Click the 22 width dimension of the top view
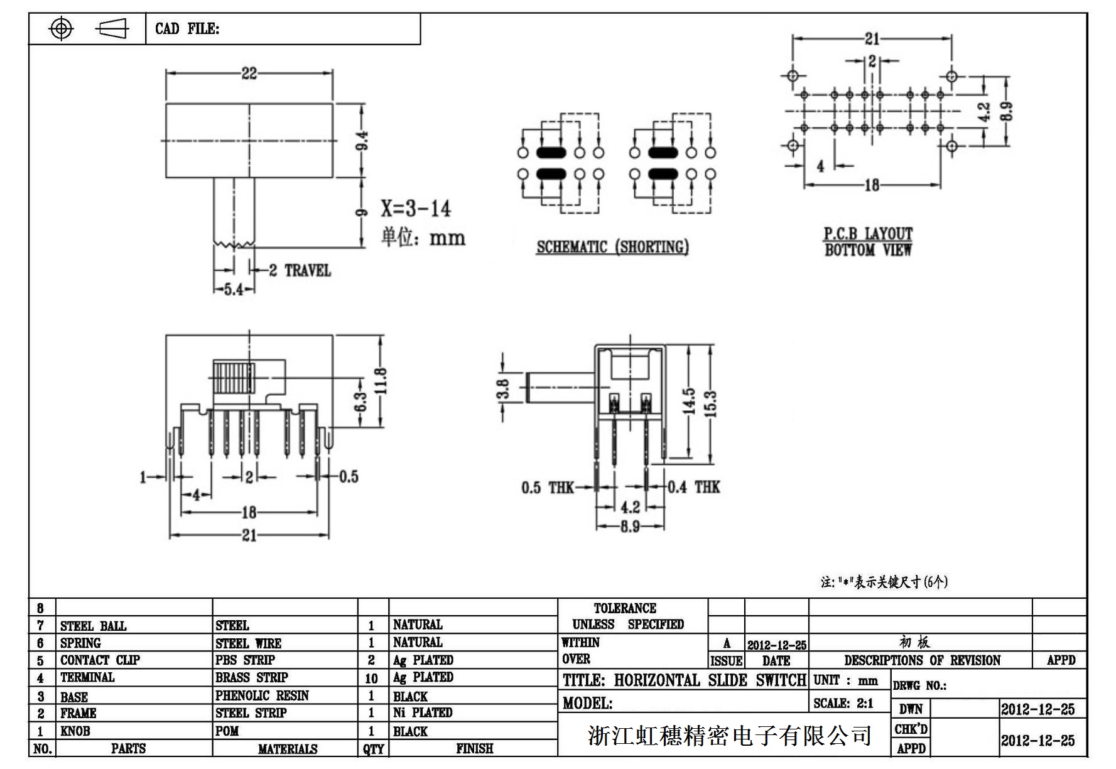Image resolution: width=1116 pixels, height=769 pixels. coord(249,74)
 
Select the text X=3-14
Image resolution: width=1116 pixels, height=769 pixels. coord(416,209)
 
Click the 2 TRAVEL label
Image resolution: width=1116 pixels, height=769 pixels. coord(300,271)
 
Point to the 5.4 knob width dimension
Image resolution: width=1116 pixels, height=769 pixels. coord(234,290)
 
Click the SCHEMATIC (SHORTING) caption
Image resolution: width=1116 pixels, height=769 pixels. coord(612,247)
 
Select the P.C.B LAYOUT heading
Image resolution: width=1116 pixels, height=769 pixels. coord(868,234)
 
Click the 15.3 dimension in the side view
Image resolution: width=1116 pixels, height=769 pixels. coord(710,403)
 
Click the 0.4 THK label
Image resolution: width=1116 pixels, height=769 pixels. coord(694,487)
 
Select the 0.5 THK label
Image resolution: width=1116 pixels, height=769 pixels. coord(548,488)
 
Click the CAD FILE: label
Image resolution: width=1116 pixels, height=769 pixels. coord(187,29)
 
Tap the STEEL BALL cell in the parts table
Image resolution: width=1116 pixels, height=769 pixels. coord(93,626)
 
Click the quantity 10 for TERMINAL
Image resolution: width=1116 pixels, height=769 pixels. coord(372,679)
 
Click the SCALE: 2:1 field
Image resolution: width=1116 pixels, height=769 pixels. coord(843,703)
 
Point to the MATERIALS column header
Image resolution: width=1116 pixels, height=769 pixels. coord(288,749)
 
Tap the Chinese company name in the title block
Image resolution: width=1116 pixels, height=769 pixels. coord(729,735)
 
